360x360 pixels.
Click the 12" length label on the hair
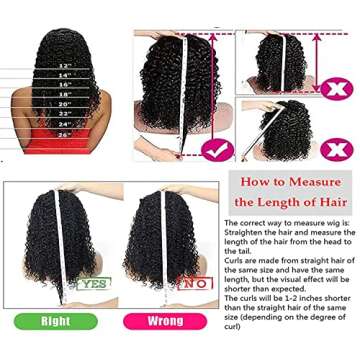(x=67, y=63)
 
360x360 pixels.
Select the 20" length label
(x=67, y=109)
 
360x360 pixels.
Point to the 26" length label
(x=67, y=135)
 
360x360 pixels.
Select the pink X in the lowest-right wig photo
(x=338, y=148)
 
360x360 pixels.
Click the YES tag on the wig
(x=95, y=284)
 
